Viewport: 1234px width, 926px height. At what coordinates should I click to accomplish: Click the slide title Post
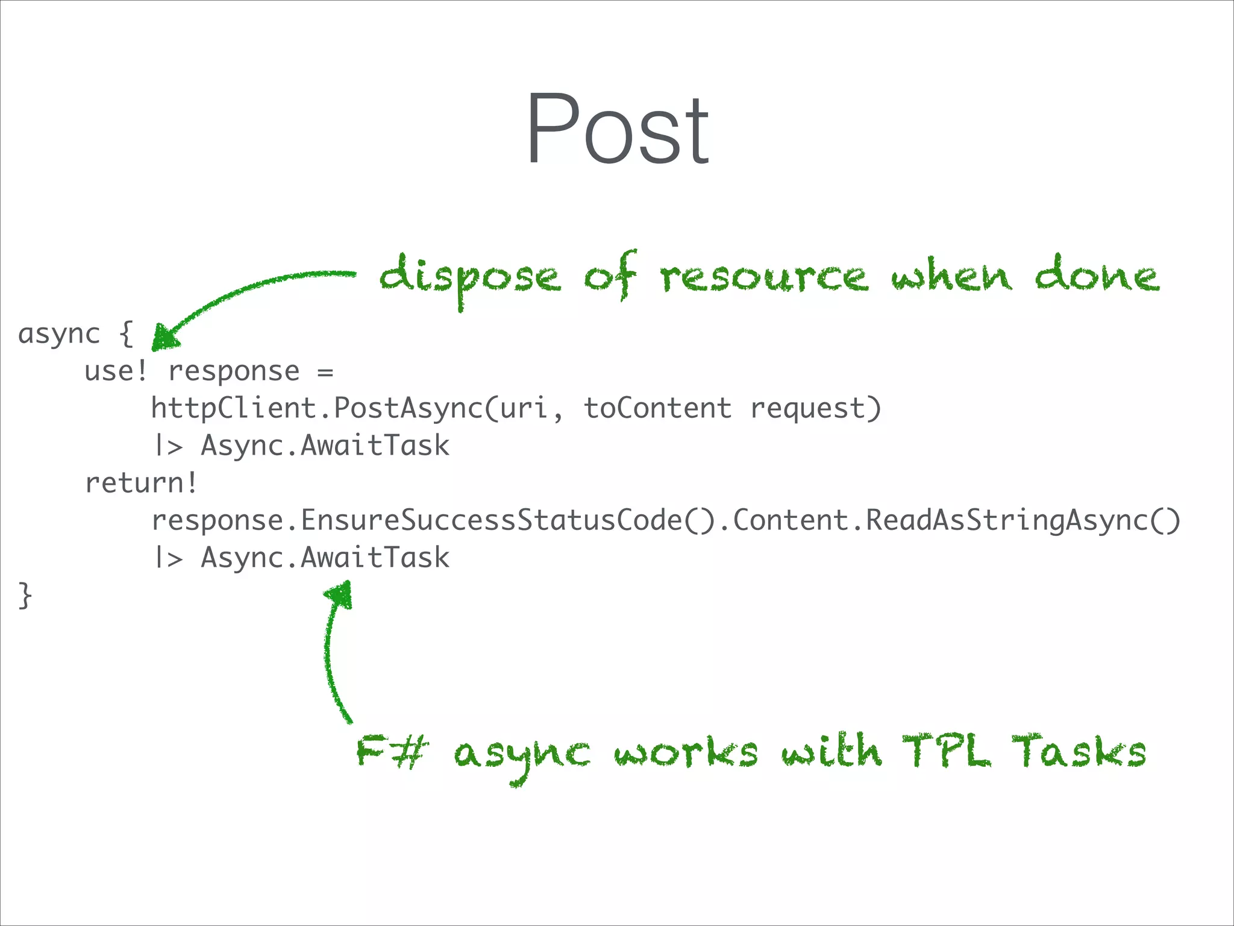[x=617, y=130]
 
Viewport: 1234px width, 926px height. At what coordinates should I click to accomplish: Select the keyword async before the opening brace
[x=59, y=334]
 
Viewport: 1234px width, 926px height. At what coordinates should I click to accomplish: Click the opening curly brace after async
[x=125, y=334]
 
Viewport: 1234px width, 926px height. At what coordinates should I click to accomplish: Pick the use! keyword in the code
[x=116, y=371]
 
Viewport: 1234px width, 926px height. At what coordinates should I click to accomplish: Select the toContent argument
[x=657, y=409]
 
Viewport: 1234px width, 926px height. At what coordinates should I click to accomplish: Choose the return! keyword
[x=141, y=483]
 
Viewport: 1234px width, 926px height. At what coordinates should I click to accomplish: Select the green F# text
[x=392, y=752]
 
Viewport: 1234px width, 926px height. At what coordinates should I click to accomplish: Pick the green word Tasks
[x=1079, y=752]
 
